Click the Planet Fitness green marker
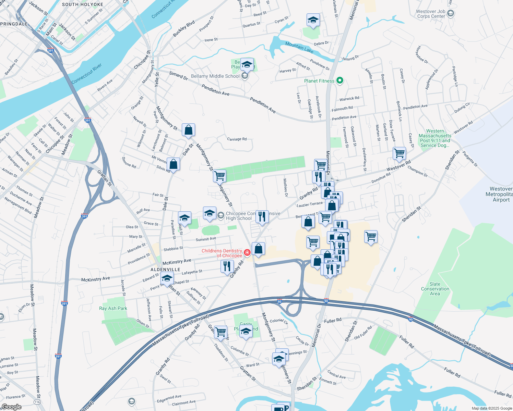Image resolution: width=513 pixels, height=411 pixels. click(x=340, y=81)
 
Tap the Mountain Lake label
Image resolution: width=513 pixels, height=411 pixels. click(x=299, y=47)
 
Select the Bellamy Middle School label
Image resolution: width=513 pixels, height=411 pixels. click(x=215, y=76)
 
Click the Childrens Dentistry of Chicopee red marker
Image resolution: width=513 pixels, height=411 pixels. click(x=247, y=253)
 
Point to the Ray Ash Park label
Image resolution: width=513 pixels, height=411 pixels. click(x=113, y=308)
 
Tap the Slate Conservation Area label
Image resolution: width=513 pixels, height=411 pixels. click(x=435, y=289)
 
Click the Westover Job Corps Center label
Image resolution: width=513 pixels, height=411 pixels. click(x=431, y=14)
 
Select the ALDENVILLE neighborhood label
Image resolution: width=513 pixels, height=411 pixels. click(x=166, y=270)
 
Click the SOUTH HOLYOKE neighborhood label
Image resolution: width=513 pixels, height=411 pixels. click(x=83, y=4)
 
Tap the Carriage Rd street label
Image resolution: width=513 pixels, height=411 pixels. click(x=237, y=139)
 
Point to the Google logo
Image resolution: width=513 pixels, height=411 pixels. click(x=11, y=407)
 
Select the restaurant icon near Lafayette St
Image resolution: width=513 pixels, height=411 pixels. click(x=227, y=266)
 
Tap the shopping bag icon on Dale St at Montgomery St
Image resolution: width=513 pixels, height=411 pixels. click(x=188, y=130)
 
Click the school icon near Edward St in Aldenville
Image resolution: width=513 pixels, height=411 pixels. click(x=167, y=278)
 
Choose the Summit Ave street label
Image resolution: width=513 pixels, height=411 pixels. click(x=206, y=239)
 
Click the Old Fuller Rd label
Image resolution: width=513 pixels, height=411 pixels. click(x=363, y=333)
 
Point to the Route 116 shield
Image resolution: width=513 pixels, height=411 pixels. click(x=37, y=402)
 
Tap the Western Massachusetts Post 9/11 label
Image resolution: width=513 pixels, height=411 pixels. click(x=435, y=138)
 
